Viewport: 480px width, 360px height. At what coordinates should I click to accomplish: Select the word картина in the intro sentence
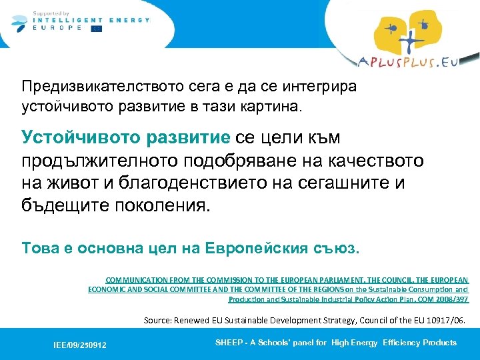[265, 105]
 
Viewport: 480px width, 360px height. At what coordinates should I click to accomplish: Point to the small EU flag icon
[97, 29]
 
